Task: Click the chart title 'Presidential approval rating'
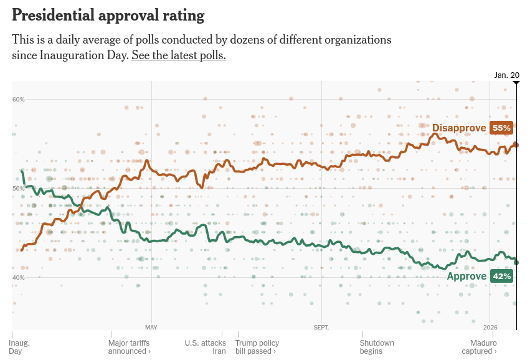coord(108,15)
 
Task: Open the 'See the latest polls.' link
coord(178,55)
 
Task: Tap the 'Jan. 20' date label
coord(506,75)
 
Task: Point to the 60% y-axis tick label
coord(18,100)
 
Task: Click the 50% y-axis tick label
coord(18,189)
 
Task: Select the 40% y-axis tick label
coord(18,278)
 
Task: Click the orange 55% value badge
coord(501,128)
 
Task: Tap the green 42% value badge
coord(501,276)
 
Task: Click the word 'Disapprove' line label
coord(459,128)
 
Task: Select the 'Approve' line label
coord(467,276)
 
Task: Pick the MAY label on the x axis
coord(151,327)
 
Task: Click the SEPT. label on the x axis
coord(321,327)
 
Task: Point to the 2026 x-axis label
coord(490,327)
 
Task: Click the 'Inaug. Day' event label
coord(19,347)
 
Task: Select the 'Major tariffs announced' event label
coord(129,347)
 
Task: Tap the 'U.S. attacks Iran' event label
coord(205,347)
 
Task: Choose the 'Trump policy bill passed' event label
coord(257,347)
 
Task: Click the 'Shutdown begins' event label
coord(377,347)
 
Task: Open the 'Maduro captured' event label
coord(483,347)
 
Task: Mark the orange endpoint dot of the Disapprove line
coord(516,145)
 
